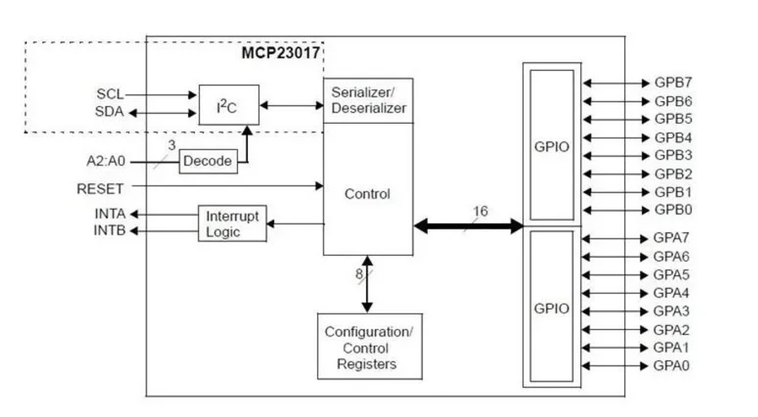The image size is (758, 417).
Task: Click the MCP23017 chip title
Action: tap(281, 52)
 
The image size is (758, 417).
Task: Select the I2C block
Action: tap(229, 105)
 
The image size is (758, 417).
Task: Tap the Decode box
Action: tap(208, 161)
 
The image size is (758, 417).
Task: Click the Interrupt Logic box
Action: tap(232, 223)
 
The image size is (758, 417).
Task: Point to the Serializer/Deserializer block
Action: tap(368, 100)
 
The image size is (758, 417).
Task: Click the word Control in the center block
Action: tap(367, 194)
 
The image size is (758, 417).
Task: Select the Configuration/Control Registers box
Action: tap(369, 346)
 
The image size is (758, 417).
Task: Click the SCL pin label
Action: tap(110, 94)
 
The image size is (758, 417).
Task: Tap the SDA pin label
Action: tap(109, 112)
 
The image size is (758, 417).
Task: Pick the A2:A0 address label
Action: tap(105, 161)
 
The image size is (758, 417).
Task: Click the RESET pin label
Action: tap(100, 188)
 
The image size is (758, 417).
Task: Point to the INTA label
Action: tap(110, 213)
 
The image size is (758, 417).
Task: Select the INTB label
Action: tap(109, 230)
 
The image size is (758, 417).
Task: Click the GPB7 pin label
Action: tap(673, 82)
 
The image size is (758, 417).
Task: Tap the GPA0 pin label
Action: tap(671, 366)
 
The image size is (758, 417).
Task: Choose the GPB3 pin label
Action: tap(673, 155)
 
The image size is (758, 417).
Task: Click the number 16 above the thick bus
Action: tap(480, 211)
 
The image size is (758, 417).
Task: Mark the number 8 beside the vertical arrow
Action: tap(359, 274)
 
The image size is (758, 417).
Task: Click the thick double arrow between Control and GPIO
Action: tap(469, 226)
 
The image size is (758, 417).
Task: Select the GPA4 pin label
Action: tap(671, 293)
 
